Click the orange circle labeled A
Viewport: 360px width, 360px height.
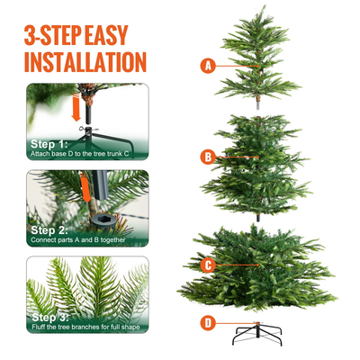click(x=209, y=65)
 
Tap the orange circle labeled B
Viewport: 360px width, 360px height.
click(x=208, y=157)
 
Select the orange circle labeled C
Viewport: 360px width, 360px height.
click(x=208, y=265)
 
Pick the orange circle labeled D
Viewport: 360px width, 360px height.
click(x=209, y=321)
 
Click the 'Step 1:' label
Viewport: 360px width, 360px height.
click(x=49, y=144)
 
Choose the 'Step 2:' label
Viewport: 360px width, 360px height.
click(x=49, y=229)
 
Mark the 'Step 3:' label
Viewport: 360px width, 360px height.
click(x=49, y=317)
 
